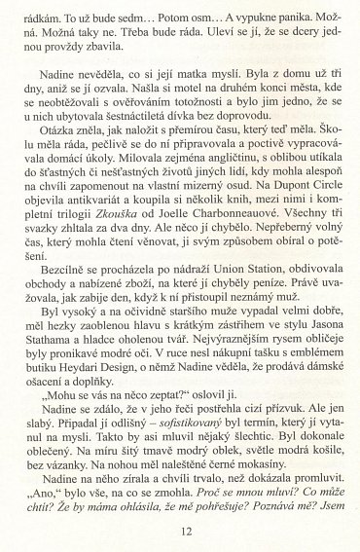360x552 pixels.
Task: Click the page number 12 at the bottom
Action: coord(179,530)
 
